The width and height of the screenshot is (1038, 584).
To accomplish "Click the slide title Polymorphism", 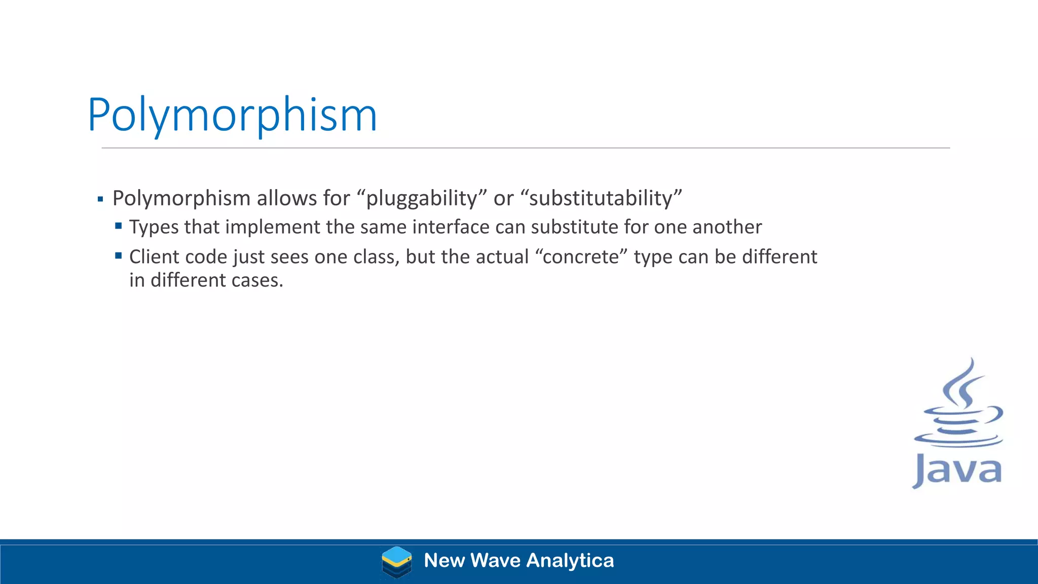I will [x=232, y=116].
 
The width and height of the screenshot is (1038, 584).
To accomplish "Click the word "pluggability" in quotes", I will [x=422, y=198].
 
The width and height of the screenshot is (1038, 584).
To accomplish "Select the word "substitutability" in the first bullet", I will [x=601, y=198].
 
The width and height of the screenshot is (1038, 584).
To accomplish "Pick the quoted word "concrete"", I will [x=581, y=257].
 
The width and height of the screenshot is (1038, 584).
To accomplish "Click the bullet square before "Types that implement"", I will [x=119, y=226].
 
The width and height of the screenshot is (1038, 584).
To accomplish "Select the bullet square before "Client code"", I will [x=119, y=255].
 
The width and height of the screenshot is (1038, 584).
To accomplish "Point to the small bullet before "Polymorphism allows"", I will [x=100, y=199].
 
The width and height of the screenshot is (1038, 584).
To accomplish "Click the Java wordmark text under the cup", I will [x=957, y=470].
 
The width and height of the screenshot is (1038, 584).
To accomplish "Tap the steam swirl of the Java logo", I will [x=963, y=385].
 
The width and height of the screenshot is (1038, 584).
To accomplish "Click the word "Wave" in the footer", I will [x=495, y=561].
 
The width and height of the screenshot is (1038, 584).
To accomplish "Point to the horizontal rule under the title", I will [x=525, y=148].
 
